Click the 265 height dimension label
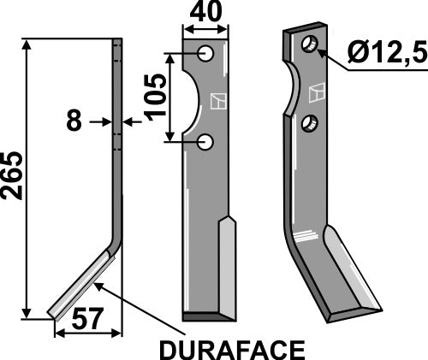click(13, 176)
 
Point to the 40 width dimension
click(206, 15)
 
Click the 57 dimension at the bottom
click(86, 322)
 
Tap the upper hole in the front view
click(206, 54)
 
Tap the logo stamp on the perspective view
click(319, 89)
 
